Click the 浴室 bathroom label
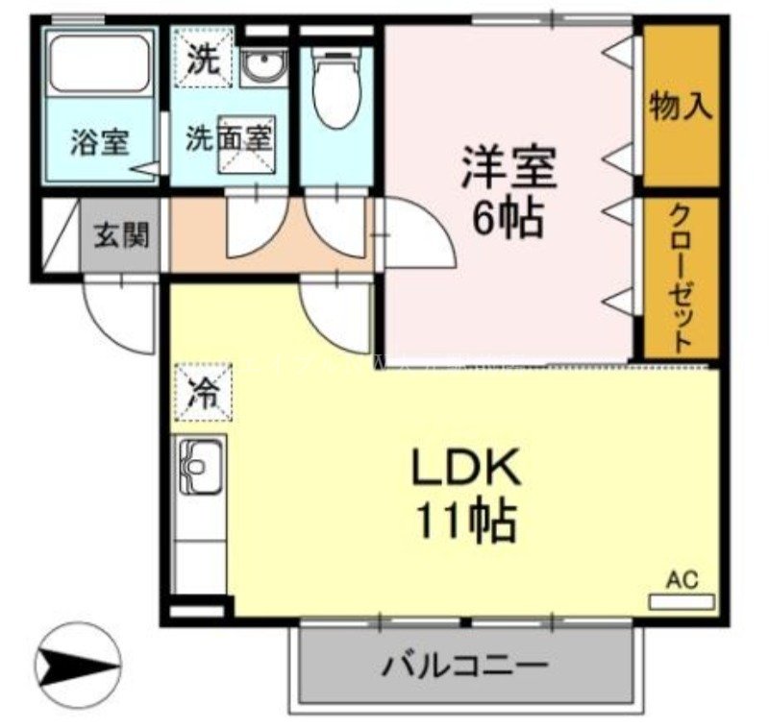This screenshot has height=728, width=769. (x=99, y=141)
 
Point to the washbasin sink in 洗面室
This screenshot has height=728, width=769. (x=260, y=66)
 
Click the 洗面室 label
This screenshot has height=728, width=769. (x=229, y=138)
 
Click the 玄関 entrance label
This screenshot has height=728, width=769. (x=121, y=233)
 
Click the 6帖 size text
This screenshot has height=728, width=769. (x=508, y=220)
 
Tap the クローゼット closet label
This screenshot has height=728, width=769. (x=681, y=279)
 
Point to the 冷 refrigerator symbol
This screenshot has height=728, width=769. (x=202, y=393)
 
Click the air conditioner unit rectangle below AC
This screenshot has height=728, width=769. (x=682, y=602)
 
